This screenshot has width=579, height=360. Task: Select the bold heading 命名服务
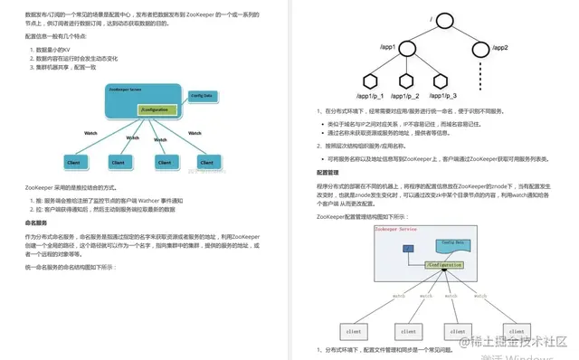tap(36, 222)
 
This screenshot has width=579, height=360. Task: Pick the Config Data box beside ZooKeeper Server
tap(201, 94)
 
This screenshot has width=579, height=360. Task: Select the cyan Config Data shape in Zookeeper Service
tap(452, 245)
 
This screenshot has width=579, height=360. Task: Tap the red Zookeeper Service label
tap(395, 230)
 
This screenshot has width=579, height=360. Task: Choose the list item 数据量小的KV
tap(51, 48)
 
